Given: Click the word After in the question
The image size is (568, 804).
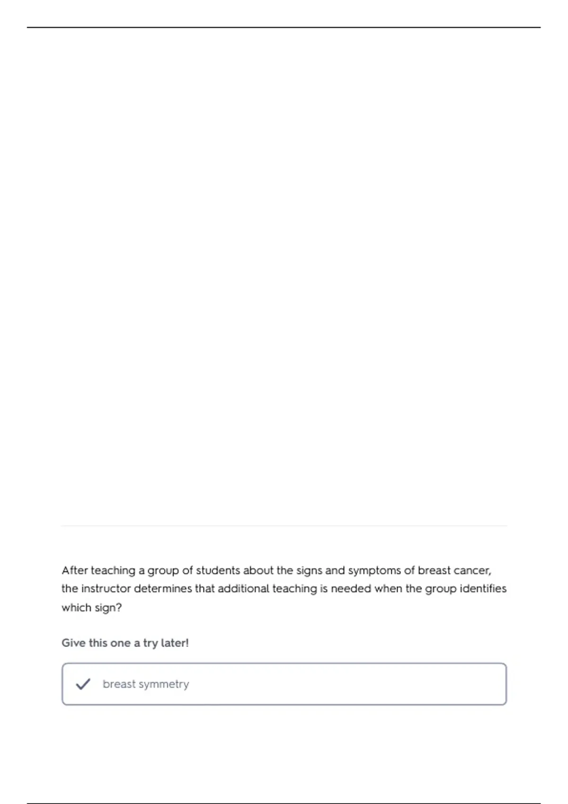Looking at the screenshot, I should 75,570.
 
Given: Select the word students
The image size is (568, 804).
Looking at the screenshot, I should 218,570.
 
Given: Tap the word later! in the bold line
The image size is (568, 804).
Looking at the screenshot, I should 175,643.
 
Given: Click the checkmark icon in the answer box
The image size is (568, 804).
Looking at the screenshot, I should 83,684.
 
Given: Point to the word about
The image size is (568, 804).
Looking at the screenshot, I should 258,570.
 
